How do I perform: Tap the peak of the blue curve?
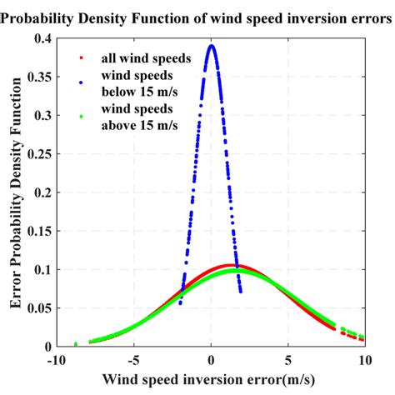point(212,46)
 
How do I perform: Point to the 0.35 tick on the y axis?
point(37,78)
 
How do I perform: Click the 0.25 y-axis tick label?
point(37,155)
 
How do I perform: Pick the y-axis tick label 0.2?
point(41,193)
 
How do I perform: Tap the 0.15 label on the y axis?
point(37,232)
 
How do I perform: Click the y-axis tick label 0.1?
point(41,270)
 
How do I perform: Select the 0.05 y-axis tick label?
point(37,308)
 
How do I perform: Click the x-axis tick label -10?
point(56,361)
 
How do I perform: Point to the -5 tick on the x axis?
point(132,361)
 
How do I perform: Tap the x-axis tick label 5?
point(288,361)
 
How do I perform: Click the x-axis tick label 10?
point(364,361)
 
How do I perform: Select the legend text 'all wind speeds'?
point(139,57)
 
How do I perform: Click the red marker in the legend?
point(80,57)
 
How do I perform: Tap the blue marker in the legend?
point(80,82)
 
